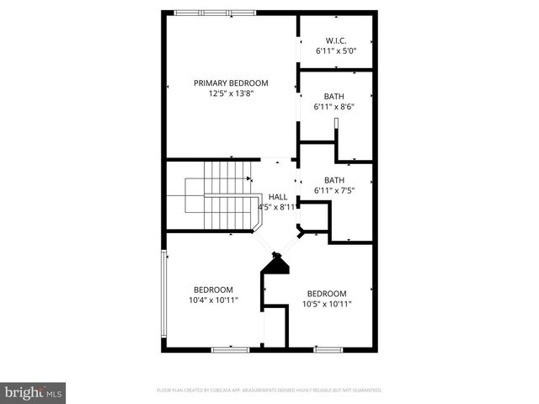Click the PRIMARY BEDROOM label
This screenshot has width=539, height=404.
click(x=231, y=82)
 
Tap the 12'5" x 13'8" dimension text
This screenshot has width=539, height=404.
click(x=231, y=93)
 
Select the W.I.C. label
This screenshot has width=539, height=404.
click(x=336, y=41)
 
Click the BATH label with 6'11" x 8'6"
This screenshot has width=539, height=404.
click(x=334, y=96)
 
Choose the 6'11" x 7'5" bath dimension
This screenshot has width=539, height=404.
click(x=334, y=191)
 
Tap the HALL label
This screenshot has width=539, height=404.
click(x=277, y=196)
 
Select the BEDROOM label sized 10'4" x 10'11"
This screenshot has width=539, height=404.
click(x=213, y=289)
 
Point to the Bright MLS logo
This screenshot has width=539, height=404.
click(x=33, y=391)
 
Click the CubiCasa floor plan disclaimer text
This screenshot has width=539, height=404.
click(x=269, y=391)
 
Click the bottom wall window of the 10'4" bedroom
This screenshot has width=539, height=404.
click(x=228, y=348)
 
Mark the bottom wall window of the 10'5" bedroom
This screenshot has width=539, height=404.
click(x=328, y=348)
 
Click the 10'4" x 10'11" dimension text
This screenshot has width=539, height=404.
click(x=213, y=300)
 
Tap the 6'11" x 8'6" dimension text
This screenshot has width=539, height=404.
click(x=334, y=107)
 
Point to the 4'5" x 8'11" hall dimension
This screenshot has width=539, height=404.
click(x=277, y=206)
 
